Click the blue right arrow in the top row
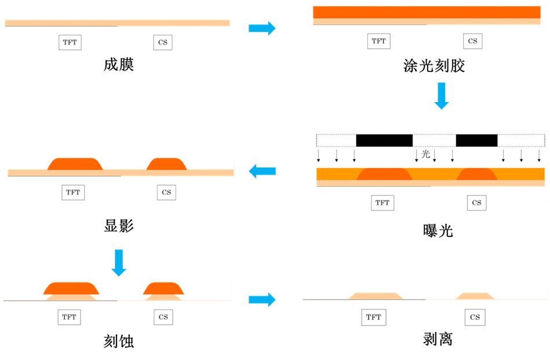point(262,28)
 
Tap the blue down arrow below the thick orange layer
point(442,96)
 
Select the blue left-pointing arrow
point(262,171)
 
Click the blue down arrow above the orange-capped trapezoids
point(119,263)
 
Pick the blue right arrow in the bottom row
point(262,300)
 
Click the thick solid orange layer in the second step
point(427,12)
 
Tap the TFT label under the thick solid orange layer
point(379,41)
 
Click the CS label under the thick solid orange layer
point(473,41)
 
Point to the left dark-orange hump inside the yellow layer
point(384,174)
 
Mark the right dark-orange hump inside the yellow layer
point(476,174)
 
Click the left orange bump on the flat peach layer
point(75,164)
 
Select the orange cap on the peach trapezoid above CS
point(163,288)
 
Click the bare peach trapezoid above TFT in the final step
point(376,296)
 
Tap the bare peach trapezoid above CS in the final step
point(475,296)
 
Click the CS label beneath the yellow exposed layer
point(476,203)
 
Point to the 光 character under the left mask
point(427,154)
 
